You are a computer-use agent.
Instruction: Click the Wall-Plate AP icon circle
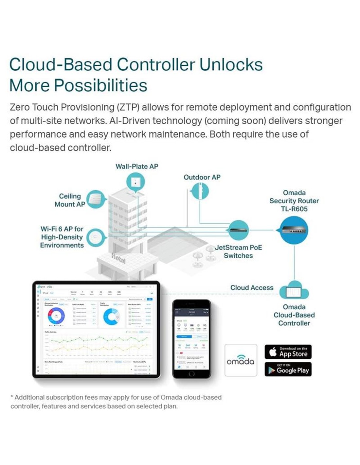[x=135, y=182]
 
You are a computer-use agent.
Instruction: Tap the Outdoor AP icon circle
[x=200, y=191]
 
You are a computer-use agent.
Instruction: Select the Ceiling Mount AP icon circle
[x=96, y=199]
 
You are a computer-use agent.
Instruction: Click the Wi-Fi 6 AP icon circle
[x=96, y=237]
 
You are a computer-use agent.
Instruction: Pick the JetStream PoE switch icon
[x=238, y=230]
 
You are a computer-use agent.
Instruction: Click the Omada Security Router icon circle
[x=294, y=230]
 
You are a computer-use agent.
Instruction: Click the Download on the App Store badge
[x=288, y=352]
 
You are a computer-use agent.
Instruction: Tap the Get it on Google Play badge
[x=288, y=370]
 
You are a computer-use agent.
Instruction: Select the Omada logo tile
[x=241, y=360]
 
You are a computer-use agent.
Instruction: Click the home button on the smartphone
[x=191, y=373]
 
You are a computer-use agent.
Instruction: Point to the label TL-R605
[x=294, y=209]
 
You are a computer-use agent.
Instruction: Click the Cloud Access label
[x=252, y=288]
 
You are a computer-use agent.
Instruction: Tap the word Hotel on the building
[x=118, y=259]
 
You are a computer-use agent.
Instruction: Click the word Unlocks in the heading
[x=231, y=64]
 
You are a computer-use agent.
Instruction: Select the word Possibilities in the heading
[x=101, y=85]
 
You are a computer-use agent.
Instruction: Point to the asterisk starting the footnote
[x=12, y=397]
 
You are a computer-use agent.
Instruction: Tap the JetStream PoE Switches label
[x=238, y=251]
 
